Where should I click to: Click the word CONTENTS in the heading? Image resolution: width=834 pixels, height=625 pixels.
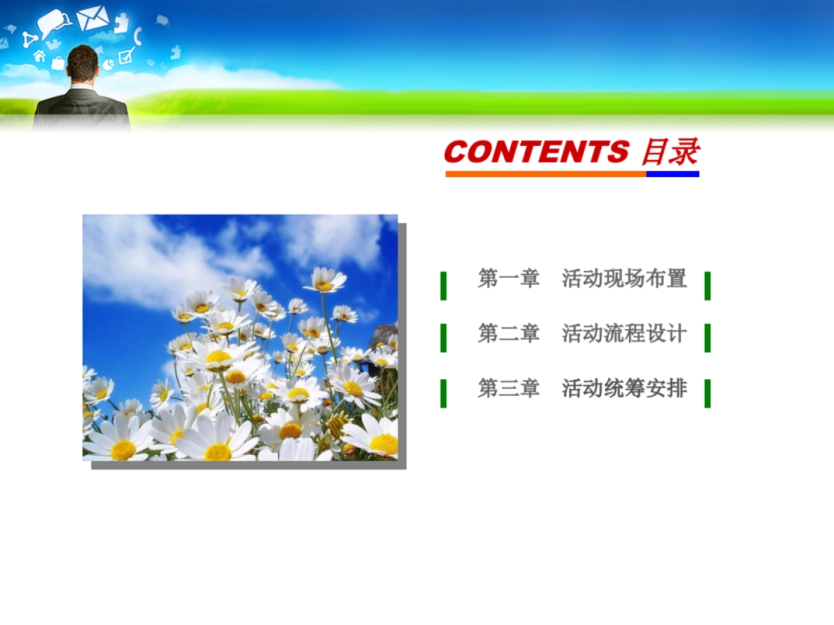(536, 152)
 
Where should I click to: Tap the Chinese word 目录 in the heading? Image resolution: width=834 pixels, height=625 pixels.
(670, 152)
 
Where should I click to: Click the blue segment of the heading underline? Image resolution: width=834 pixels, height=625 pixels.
(672, 174)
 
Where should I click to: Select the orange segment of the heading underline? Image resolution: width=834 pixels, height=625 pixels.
(546, 174)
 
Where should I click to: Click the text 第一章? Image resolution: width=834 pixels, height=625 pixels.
(508, 278)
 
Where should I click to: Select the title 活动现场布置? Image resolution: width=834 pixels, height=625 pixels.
(624, 278)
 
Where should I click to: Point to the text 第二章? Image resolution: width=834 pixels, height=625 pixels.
(508, 333)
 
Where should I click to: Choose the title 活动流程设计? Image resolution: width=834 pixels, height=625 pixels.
(624, 333)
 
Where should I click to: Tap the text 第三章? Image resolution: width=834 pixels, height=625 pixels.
(508, 388)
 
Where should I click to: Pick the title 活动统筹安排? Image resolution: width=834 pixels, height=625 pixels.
(624, 388)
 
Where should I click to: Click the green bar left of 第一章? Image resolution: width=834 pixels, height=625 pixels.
(443, 285)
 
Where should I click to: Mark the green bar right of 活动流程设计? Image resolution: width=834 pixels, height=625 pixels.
(708, 337)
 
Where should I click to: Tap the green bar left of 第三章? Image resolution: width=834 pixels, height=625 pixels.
(443, 393)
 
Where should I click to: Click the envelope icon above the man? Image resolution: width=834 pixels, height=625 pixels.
(92, 18)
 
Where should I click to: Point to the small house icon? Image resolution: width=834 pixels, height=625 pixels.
(40, 56)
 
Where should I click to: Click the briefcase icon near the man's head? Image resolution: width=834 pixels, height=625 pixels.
(58, 63)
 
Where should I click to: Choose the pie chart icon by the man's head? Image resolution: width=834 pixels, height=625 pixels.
(108, 65)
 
